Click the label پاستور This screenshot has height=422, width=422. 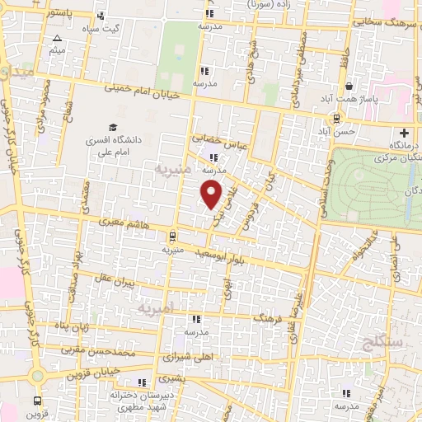pos(59,14)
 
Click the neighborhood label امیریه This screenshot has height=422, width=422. pos(156,309)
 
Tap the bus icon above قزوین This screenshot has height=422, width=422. pos(36,401)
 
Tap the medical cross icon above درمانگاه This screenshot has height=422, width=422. pos(404,133)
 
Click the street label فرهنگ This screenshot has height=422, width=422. pos(269,316)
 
